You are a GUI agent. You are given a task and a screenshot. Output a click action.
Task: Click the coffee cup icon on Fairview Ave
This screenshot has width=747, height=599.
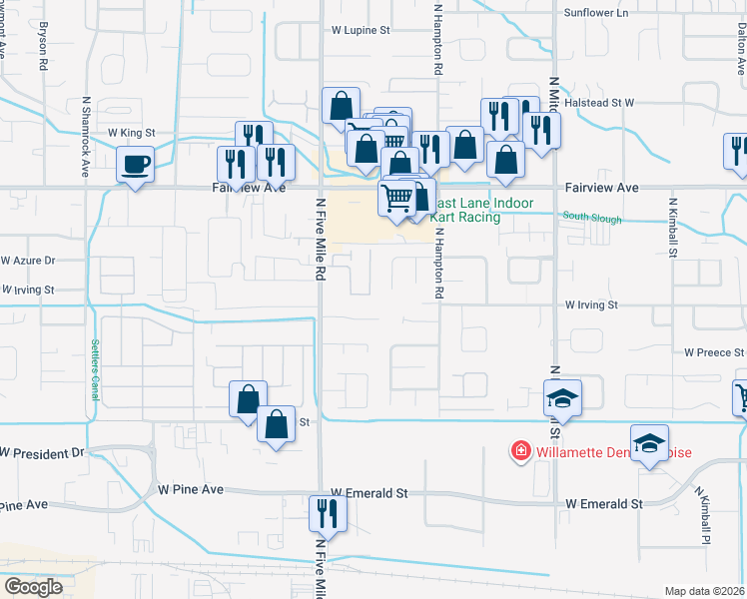point(135,164)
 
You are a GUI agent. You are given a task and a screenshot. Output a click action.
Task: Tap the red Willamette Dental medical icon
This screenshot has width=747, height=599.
point(520,452)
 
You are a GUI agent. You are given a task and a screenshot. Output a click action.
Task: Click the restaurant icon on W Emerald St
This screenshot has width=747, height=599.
point(328,513)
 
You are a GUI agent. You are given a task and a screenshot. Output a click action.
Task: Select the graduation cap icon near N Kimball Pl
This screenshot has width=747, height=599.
point(649,442)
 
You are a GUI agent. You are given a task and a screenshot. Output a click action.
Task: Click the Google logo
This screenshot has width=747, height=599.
point(33,587)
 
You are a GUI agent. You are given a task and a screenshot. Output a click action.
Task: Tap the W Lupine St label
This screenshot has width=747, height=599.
point(361,30)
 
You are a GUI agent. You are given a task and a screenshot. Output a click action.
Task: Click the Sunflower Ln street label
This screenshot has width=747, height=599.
point(597,12)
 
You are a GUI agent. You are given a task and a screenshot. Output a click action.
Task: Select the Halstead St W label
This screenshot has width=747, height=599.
point(601,102)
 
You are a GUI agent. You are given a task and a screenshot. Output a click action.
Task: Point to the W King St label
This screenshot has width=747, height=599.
point(132,132)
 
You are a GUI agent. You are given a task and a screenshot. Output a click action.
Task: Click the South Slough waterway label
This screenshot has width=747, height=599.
point(591,218)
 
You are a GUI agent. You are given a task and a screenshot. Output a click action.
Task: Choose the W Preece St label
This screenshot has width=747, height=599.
point(715,352)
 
